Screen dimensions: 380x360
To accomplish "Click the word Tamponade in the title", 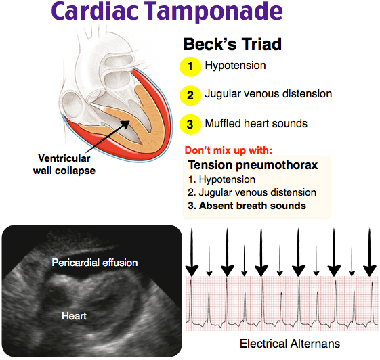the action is click(x=215, y=12).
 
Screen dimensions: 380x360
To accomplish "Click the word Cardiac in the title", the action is click(x=95, y=11).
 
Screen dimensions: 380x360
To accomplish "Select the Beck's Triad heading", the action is click(x=232, y=44).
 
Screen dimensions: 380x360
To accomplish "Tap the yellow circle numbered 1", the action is click(x=190, y=67).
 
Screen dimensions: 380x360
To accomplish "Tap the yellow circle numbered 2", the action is click(x=190, y=95).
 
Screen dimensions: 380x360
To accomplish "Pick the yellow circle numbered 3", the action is click(x=190, y=125).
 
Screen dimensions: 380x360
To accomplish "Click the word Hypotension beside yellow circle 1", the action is click(x=235, y=66).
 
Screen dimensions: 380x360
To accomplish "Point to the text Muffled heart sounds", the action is click(x=256, y=123).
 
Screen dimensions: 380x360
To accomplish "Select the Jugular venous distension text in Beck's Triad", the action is click(x=268, y=94).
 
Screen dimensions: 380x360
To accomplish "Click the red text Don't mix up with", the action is click(x=228, y=150).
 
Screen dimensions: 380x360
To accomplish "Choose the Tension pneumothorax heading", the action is click(x=253, y=165).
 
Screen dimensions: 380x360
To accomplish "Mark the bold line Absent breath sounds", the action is click(x=247, y=206).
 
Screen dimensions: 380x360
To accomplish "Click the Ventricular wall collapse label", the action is click(x=64, y=164).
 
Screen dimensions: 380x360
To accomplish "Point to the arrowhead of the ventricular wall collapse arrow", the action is click(x=126, y=123).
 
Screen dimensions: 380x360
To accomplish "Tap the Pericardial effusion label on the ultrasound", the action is click(x=95, y=263).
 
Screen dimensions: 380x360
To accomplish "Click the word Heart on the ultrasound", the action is click(x=74, y=316).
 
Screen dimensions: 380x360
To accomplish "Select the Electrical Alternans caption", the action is click(x=290, y=344).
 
